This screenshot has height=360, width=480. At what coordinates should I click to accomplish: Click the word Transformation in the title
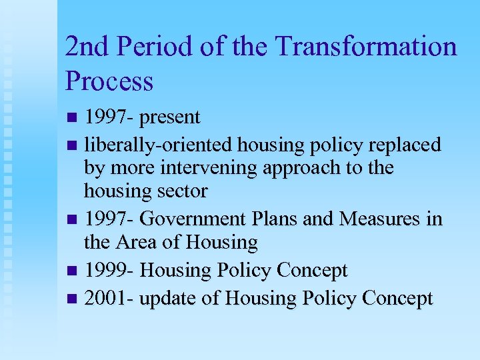click(x=366, y=47)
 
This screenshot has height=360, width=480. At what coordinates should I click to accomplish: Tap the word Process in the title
click(x=109, y=81)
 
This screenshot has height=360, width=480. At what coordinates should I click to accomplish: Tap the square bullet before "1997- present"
click(x=73, y=119)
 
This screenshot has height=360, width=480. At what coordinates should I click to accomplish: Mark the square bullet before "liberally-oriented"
click(x=73, y=145)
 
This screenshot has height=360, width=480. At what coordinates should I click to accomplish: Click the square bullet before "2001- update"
click(x=73, y=299)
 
